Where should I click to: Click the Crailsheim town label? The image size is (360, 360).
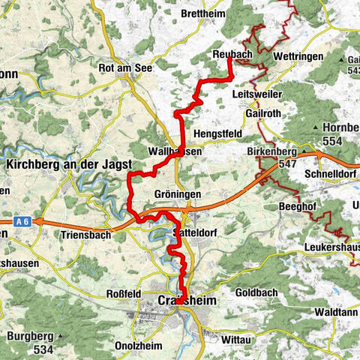pos(182,301)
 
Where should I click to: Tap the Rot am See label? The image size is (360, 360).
pos(124,67)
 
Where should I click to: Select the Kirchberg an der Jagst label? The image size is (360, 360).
pos(69,164)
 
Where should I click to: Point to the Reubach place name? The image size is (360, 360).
pos(229,52)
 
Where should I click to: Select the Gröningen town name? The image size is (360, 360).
pos(177,193)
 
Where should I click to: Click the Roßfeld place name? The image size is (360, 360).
pos(124,293)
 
